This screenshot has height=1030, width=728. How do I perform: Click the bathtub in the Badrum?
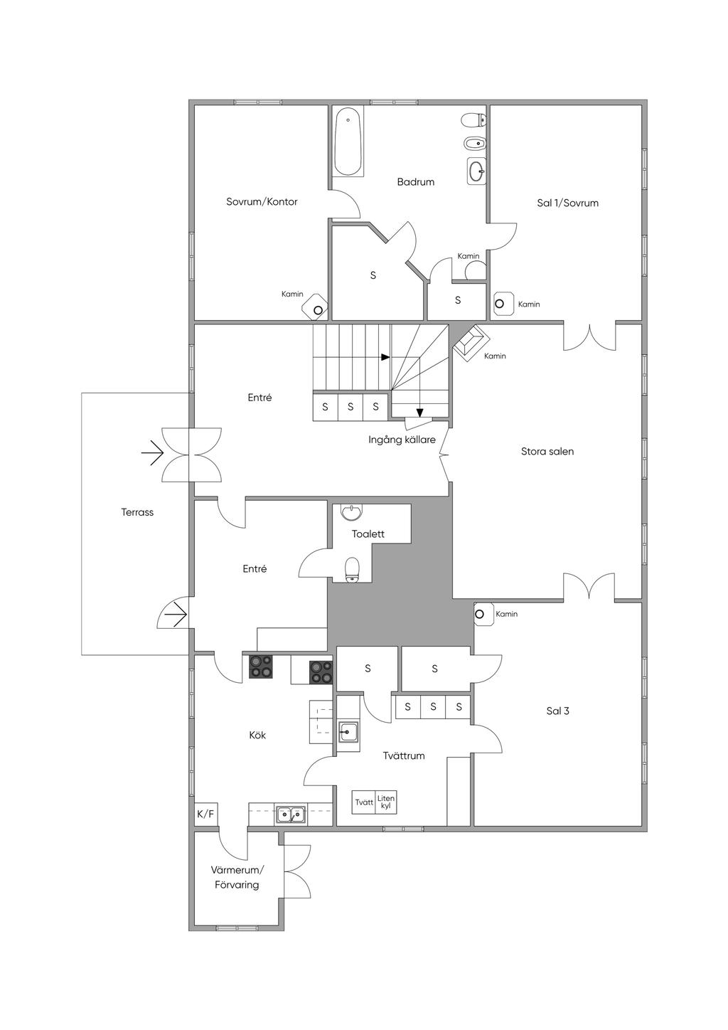[349, 142]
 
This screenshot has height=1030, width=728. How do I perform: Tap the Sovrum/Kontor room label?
[262, 202]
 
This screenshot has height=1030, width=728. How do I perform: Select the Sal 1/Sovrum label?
[567, 203]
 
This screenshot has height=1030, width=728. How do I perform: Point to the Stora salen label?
[547, 452]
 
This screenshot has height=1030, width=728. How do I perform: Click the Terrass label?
[137, 512]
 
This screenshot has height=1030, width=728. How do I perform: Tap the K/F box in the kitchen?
[205, 814]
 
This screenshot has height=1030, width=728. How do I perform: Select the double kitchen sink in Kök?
[291, 814]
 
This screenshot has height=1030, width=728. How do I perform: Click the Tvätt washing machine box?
[364, 802]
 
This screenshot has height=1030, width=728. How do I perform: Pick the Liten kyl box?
[386, 802]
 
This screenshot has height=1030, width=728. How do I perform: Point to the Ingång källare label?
[402, 440]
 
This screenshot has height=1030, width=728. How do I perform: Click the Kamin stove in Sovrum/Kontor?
[318, 309]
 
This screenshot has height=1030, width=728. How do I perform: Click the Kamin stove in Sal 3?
[481, 614]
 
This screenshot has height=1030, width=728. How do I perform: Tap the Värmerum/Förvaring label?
[237, 878]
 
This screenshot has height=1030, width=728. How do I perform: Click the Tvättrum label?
[403, 756]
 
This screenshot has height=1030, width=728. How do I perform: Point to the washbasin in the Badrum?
[477, 171]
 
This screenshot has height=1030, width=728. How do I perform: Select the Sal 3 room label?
[557, 711]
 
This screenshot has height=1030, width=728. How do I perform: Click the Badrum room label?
[416, 182]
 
